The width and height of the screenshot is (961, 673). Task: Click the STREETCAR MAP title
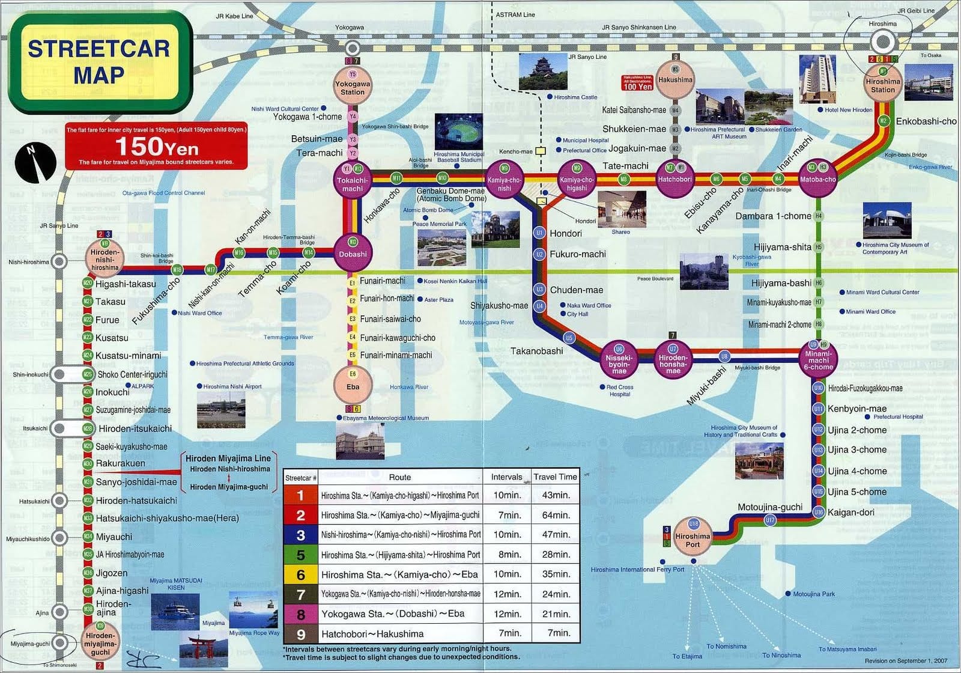coord(99,61)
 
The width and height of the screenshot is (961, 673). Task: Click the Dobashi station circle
coord(353,253)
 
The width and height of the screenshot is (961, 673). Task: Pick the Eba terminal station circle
coord(353,385)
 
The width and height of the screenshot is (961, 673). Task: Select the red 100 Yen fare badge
coord(637,83)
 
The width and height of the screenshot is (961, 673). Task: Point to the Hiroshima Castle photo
coord(542,73)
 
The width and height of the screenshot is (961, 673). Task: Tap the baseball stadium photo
coord(459,132)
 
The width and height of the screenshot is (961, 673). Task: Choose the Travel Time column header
coord(555,477)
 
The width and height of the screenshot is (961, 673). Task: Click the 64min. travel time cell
coord(556,515)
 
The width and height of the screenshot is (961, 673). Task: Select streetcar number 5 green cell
coord(300,555)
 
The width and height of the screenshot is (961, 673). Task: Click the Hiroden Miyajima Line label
coord(228,458)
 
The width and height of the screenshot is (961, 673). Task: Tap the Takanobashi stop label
coord(536,351)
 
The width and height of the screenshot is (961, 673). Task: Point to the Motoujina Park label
coord(814,594)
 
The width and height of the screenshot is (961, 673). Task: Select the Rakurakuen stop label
coord(120,463)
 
